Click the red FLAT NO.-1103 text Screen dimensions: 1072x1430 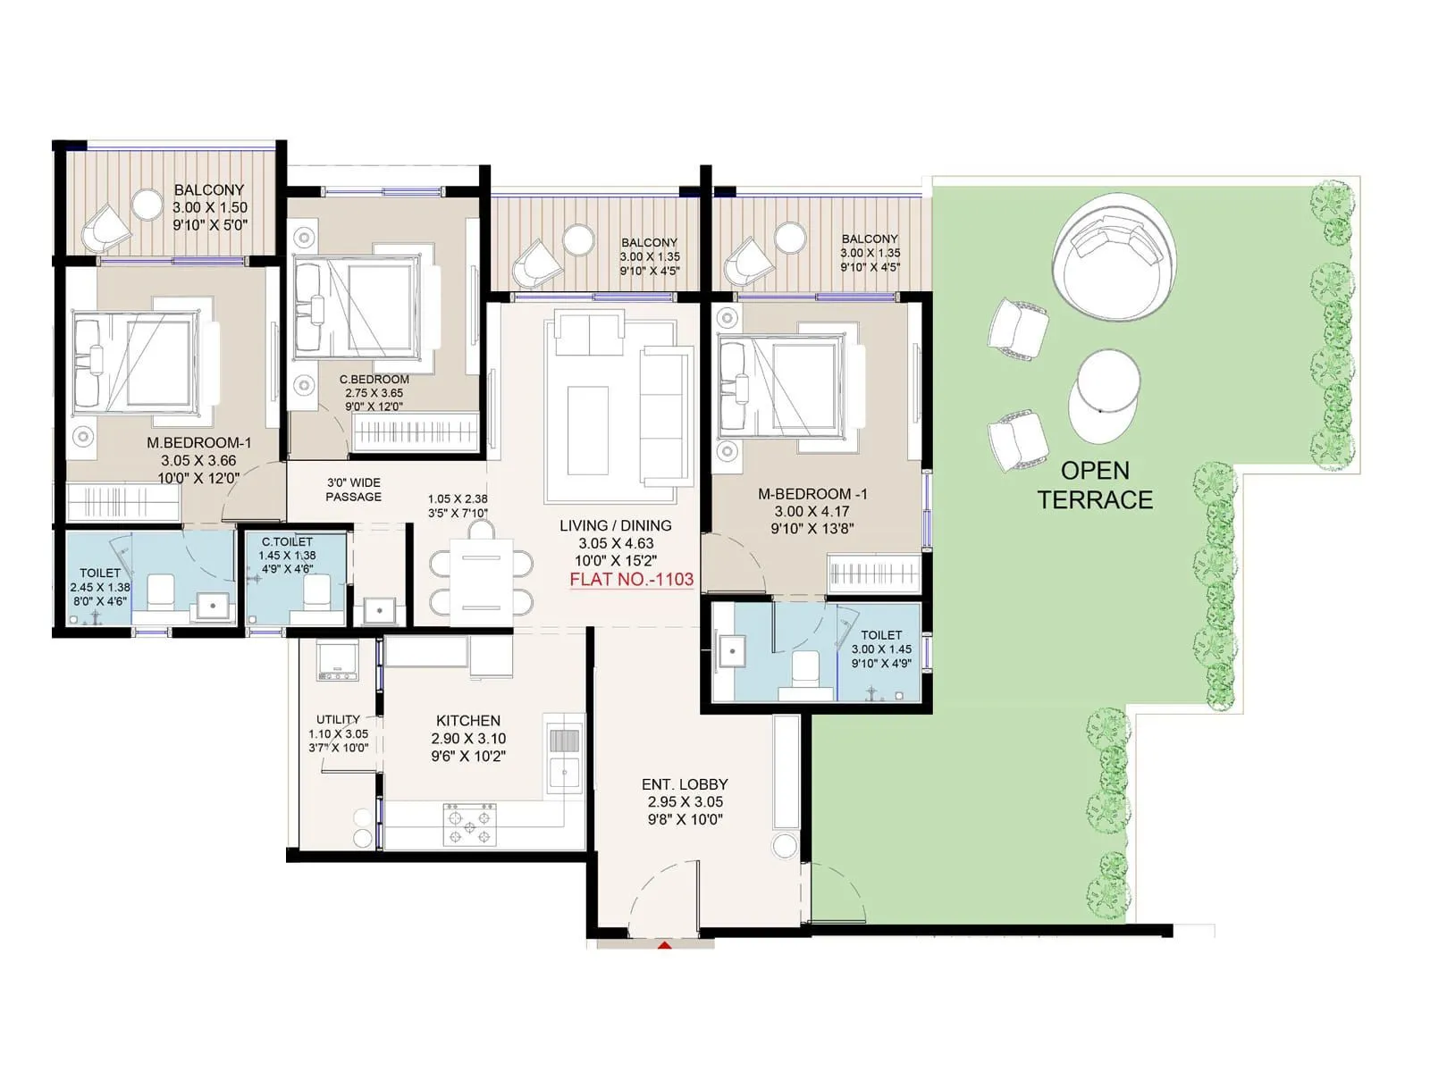coord(631,579)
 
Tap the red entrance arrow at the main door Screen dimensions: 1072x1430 coord(664,943)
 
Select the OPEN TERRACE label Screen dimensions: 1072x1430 coord(1095,485)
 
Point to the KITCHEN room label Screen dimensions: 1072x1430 coord(468,720)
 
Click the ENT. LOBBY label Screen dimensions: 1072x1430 coord(685,784)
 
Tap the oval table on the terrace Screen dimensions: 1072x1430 coord(1105,396)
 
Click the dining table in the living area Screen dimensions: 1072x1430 coord(481,582)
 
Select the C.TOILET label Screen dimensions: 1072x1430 coord(287,541)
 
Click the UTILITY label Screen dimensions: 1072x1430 coord(338,719)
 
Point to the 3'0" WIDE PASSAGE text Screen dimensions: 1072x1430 coord(353,490)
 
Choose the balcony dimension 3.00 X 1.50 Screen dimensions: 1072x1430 coord(209,207)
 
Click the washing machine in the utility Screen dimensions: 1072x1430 coord(338,659)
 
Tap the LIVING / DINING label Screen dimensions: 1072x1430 coord(615,525)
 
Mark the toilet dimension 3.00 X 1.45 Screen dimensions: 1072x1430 coord(880,649)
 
